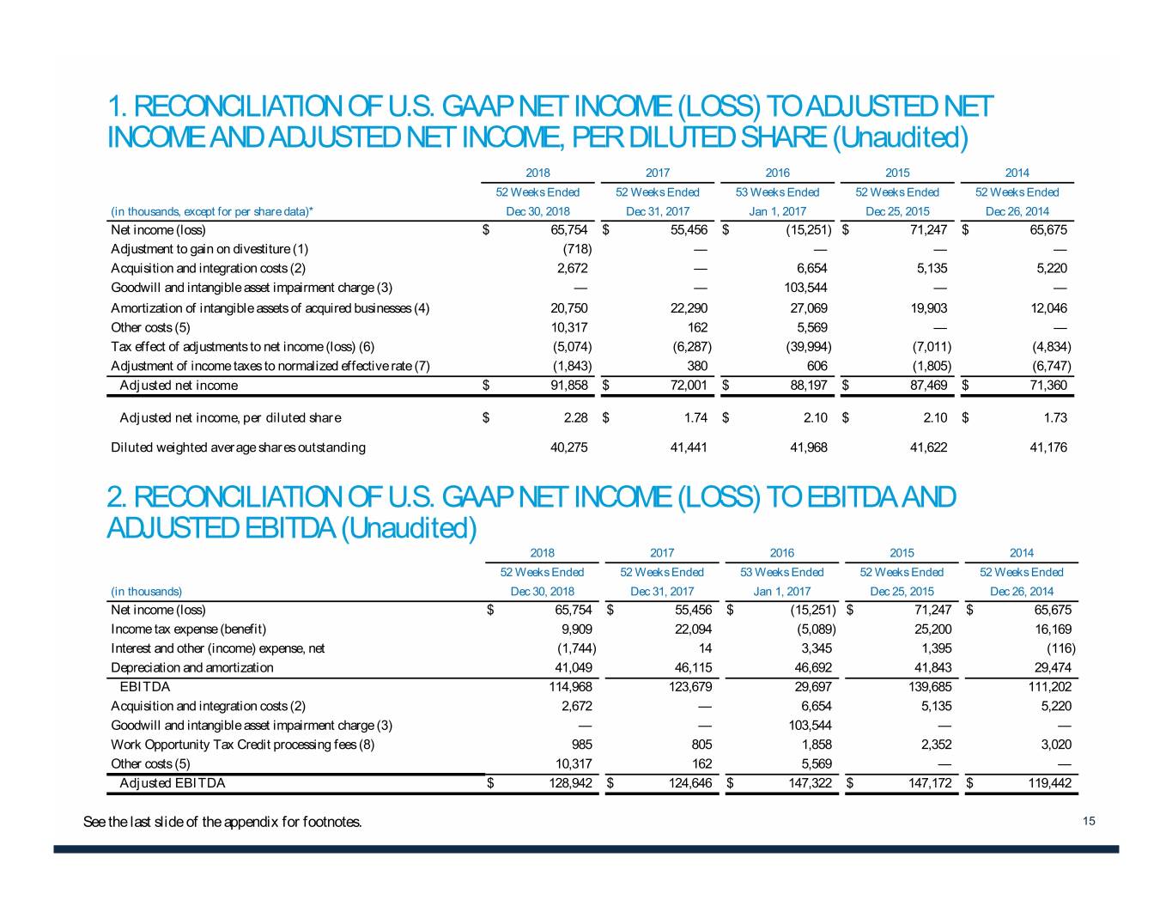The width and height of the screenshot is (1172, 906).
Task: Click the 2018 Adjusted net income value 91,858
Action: [568, 386]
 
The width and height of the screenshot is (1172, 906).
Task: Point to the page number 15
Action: [1089, 822]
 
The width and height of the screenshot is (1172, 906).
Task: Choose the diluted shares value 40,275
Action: [568, 447]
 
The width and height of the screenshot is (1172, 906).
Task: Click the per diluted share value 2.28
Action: [575, 418]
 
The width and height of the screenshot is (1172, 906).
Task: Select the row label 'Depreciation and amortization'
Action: [192, 667]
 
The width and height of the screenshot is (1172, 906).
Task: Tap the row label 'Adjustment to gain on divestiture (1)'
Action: [210, 249]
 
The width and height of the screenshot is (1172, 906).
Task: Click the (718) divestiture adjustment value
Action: [577, 249]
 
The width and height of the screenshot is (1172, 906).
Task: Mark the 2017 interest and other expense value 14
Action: [705, 648]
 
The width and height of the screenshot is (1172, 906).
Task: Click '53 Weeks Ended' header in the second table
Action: [781, 573]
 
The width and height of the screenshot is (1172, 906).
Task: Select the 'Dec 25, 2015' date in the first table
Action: [897, 211]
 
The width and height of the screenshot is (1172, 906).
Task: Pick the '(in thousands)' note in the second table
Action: [147, 592]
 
